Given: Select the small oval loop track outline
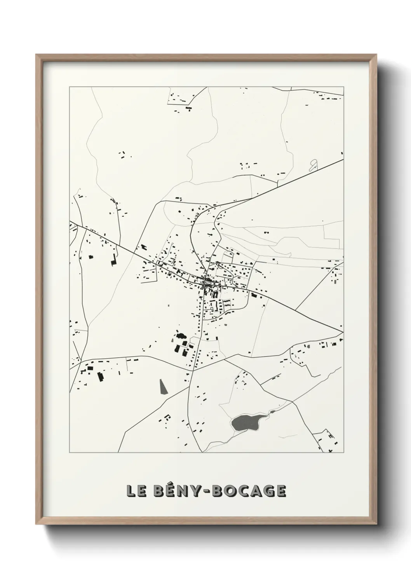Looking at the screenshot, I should click(313, 166).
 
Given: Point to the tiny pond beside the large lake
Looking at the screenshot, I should click(273, 412).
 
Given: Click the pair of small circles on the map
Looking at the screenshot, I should click(266, 232).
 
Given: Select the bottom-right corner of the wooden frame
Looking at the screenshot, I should click(375, 523).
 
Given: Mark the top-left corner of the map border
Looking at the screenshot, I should click(70, 87).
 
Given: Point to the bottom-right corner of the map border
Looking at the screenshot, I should click(343, 453).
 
